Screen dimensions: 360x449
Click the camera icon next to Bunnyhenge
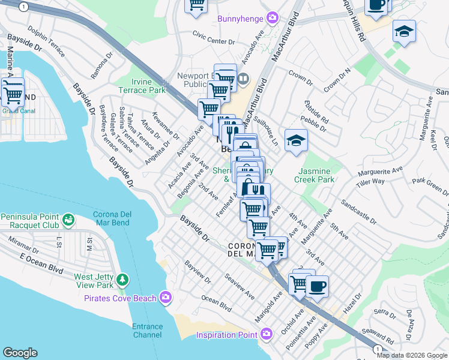pos(273,17)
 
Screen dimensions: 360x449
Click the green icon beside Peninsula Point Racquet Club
pos(70,220)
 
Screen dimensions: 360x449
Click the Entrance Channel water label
pos(148,331)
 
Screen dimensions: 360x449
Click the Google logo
pos(20,353)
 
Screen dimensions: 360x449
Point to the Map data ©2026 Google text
pos(412,355)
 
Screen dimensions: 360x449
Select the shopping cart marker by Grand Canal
pos(13,93)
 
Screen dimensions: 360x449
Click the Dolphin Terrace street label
pos(45,41)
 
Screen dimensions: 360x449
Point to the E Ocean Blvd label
pos(41,263)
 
